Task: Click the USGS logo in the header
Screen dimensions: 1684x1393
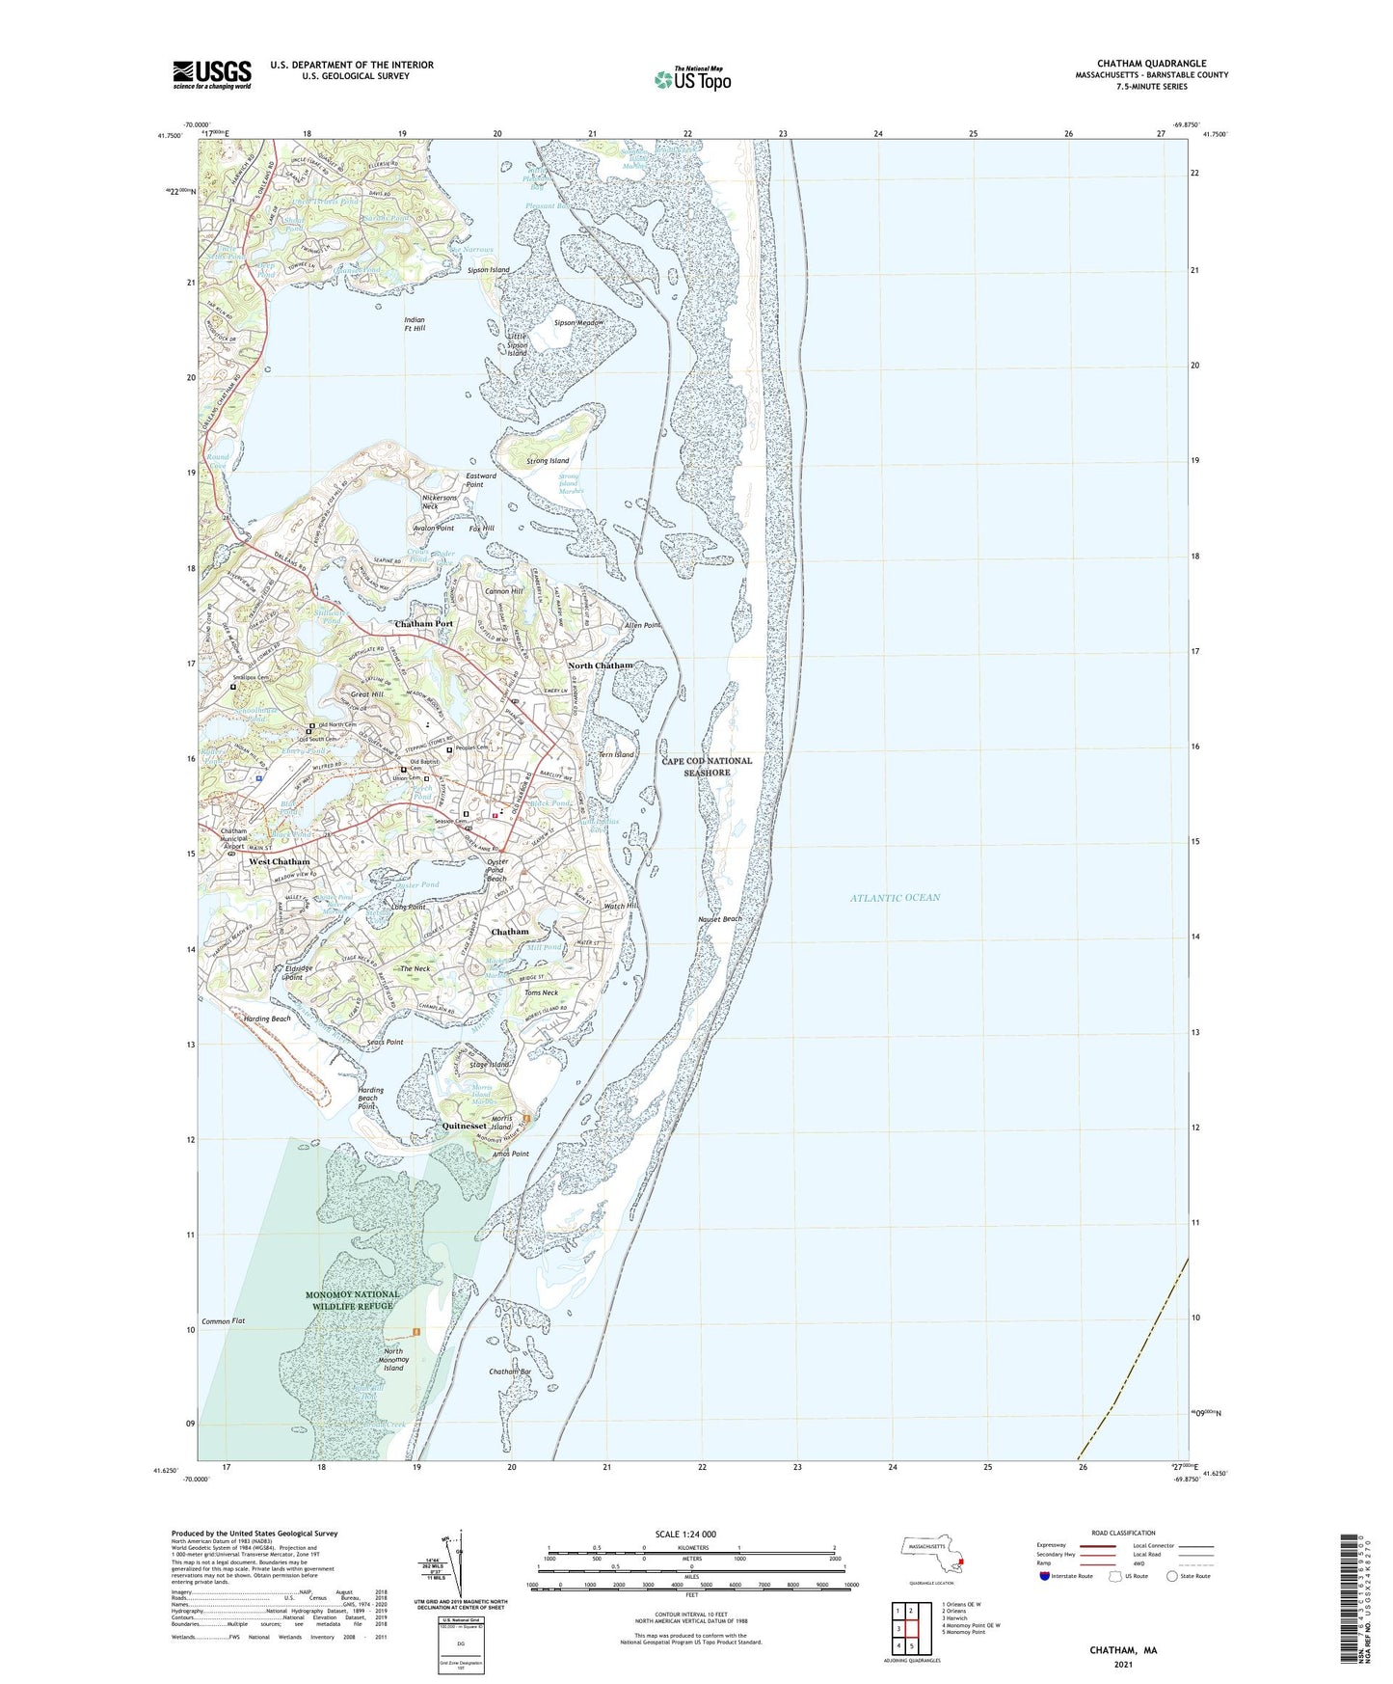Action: (212, 73)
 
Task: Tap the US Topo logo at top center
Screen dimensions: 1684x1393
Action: (692, 79)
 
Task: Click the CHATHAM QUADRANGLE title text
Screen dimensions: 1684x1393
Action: (1151, 64)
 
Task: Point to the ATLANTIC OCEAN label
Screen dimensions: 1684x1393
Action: (895, 898)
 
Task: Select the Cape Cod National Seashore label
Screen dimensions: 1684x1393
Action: (707, 767)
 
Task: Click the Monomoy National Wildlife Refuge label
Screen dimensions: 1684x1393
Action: (353, 1300)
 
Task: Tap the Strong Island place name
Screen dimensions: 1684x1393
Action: (548, 461)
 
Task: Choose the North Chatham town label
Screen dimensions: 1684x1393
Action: (600, 665)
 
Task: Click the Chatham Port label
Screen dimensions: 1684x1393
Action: (423, 624)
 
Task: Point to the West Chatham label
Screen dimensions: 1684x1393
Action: (280, 861)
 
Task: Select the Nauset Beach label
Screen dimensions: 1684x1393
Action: (720, 919)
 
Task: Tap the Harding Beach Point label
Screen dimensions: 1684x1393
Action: (370, 1098)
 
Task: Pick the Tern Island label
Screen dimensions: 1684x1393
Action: (616, 754)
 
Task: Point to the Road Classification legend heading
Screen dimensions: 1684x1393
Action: (1123, 1533)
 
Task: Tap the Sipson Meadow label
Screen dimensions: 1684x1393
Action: (578, 322)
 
